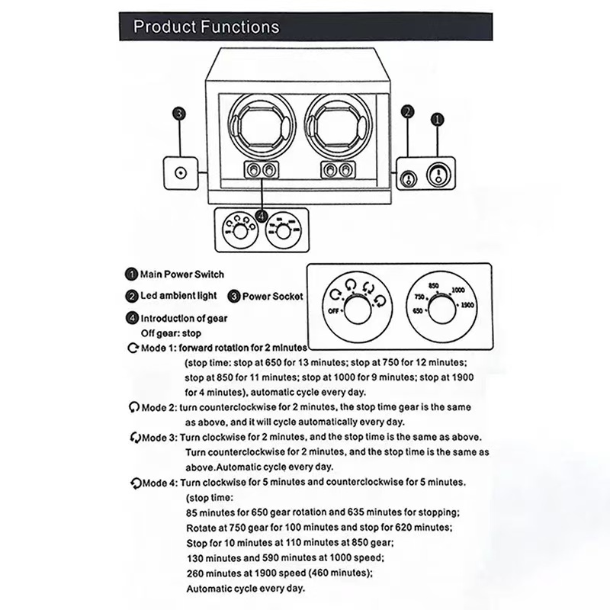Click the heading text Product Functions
206,27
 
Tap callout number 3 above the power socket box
178,114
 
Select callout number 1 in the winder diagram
437,119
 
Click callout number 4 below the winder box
263,217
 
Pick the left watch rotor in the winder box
261,124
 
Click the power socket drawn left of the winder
181,172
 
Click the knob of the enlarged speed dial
439,308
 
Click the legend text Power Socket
272,296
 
